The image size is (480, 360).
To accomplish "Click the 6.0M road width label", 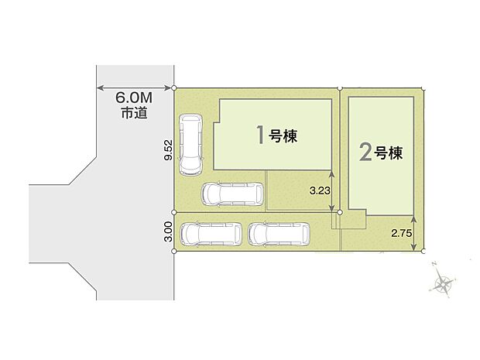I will coord(133,98).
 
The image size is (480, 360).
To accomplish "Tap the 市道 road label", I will coord(133,113).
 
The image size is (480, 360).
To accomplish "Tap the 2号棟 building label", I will coord(380,152).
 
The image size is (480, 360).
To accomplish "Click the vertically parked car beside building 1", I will coord(190,145).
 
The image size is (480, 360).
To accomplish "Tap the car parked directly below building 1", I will coord(231,194).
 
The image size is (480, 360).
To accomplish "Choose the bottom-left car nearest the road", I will coord(209,234).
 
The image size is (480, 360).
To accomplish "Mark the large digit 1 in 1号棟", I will coord(261,135).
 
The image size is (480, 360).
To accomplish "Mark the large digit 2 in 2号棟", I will coord(366,152).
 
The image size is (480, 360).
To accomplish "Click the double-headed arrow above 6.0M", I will coord(133,87).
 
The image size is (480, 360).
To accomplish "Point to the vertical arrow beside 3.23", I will coord(332,190).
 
